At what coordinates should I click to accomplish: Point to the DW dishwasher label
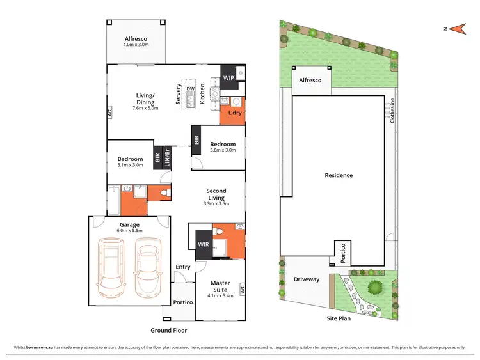coord(189,89)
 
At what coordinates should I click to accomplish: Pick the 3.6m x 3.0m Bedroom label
coord(223,148)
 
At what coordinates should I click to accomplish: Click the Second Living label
coord(216,194)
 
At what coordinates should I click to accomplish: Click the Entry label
coord(183,267)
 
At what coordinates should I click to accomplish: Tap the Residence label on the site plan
coord(339,175)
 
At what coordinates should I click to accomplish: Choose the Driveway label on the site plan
coord(306,279)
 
